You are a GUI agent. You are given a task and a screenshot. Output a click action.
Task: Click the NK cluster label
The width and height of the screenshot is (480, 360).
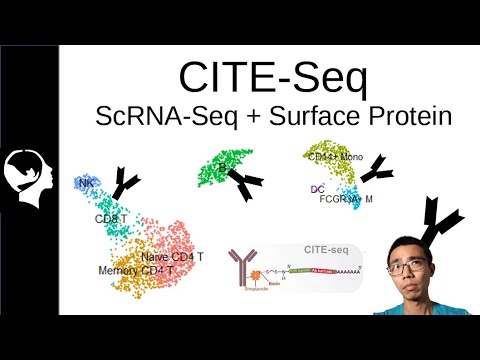point(83,184)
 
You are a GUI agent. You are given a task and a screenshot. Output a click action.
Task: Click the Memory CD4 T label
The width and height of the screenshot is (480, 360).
point(136,271)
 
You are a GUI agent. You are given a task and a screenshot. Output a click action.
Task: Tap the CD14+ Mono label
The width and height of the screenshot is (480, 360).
point(337,157)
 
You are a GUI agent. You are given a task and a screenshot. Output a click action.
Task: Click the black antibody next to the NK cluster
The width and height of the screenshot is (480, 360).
point(127,181)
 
